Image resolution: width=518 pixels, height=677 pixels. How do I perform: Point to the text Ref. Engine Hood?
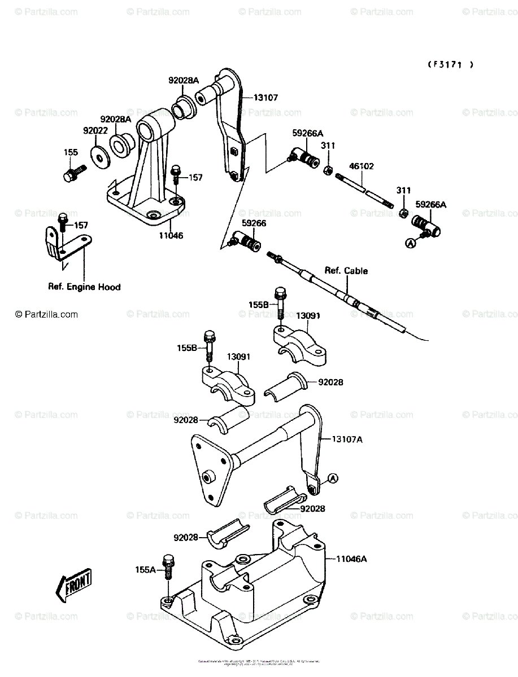tap(84, 287)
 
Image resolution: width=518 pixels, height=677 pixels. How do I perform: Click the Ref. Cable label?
tap(346, 271)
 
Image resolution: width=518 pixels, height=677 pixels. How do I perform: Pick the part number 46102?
tap(362, 166)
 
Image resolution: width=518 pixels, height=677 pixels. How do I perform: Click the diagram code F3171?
tap(450, 65)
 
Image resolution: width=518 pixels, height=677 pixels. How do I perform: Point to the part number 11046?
tap(170, 235)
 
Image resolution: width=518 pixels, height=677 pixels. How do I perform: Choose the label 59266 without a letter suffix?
tap(254, 223)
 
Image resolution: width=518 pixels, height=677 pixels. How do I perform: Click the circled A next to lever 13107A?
tap(332, 478)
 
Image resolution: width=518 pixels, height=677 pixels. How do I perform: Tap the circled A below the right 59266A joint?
tap(410, 243)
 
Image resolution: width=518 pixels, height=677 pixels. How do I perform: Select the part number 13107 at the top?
tap(265, 98)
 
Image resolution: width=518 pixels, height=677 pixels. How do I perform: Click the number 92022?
tap(95, 130)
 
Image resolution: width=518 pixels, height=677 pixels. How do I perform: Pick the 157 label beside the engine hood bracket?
tap(81, 225)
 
